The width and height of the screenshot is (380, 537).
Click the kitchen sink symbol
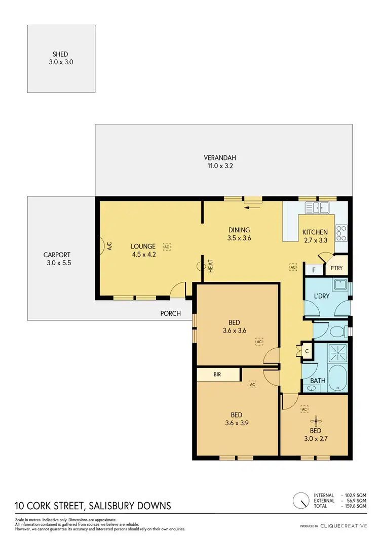point(317,206)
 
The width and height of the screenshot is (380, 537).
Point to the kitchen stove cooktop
point(341,232)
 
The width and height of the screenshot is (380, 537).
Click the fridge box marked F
point(314,270)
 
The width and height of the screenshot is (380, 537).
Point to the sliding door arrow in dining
point(251,206)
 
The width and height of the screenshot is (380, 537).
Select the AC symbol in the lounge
point(167,246)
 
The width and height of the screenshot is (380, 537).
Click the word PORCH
point(171,313)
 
